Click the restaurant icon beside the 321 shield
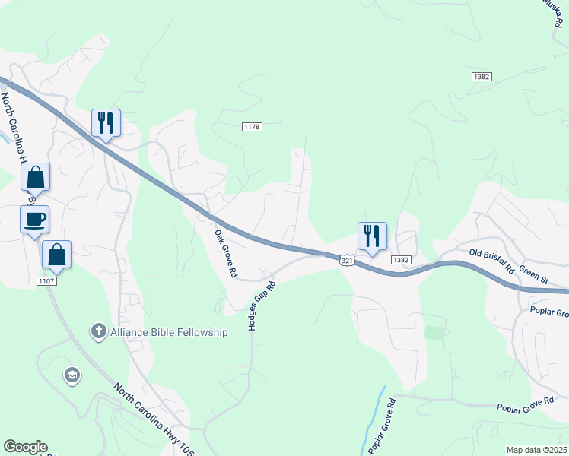[x=372, y=236]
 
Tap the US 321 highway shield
[x=346, y=261]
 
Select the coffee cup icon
[x=34, y=220]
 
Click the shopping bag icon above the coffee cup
[x=35, y=177]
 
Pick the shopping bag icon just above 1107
[x=56, y=255]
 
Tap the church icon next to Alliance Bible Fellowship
[x=98, y=331]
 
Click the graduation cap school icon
[x=72, y=375]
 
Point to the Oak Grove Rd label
[x=226, y=253]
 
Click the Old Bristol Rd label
[x=491, y=261]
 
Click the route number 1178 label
[x=253, y=127]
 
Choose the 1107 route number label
[x=46, y=281]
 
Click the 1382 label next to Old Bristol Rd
[x=402, y=260]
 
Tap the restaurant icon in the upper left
[x=105, y=122]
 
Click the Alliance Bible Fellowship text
[x=169, y=332]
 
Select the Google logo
[x=25, y=447]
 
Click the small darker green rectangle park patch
[x=432, y=332]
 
